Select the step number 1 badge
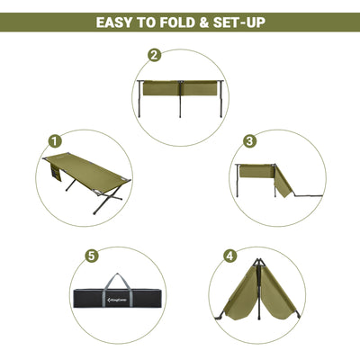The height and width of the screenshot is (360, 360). tap(55, 141)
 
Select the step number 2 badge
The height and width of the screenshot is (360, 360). tap(154, 55)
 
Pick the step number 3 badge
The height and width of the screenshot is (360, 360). tap(249, 141)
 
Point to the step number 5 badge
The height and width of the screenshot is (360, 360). tap(91, 255)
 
